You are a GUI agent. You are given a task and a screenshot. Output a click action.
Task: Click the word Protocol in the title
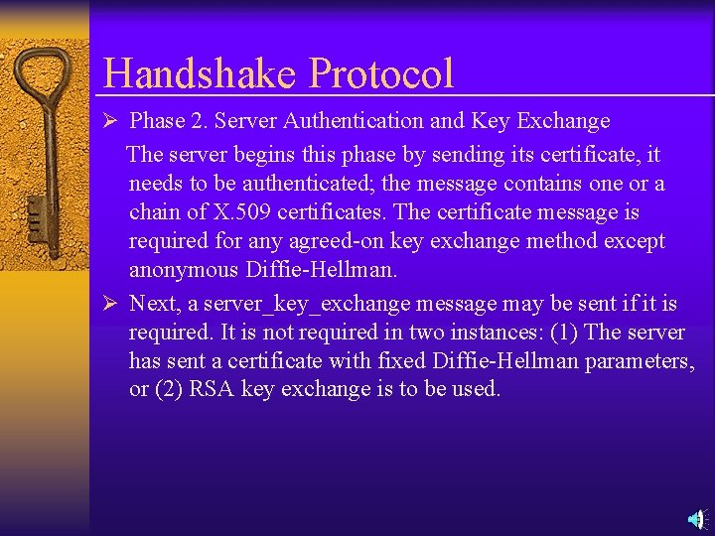point(381,73)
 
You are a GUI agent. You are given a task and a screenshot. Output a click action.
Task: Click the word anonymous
point(184,270)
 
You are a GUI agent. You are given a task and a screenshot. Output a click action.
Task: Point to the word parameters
point(640,360)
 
